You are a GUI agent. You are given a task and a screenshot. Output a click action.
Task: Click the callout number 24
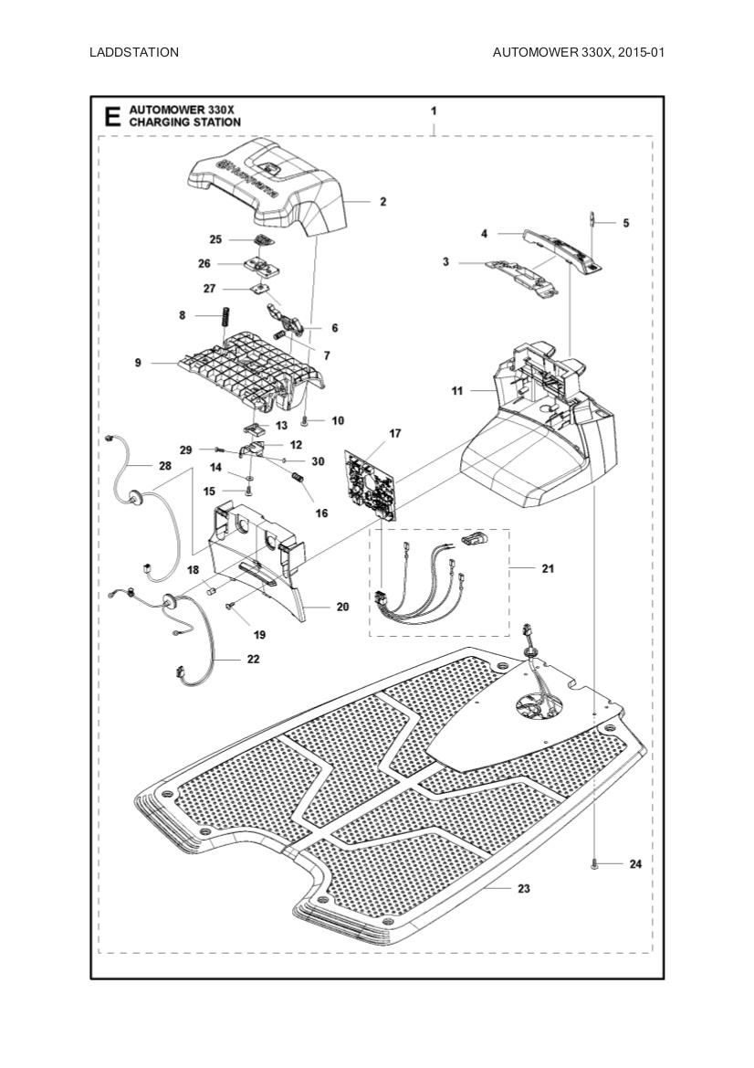click(635, 863)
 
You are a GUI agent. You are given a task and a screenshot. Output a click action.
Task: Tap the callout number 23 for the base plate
click(523, 888)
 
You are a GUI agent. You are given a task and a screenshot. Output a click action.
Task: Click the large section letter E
click(112, 116)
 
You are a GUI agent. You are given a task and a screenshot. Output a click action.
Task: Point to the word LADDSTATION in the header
click(134, 52)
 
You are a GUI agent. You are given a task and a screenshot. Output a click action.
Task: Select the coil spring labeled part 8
click(221, 323)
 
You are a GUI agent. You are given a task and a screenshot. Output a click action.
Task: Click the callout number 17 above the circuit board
click(395, 433)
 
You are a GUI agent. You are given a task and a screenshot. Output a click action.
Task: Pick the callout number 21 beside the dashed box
click(548, 568)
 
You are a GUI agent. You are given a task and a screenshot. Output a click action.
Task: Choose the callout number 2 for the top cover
click(383, 201)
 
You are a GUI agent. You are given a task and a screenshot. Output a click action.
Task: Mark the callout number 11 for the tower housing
click(457, 391)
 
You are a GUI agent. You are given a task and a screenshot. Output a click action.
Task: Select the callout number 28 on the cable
click(164, 466)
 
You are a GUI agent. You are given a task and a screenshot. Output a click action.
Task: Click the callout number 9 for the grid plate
click(138, 363)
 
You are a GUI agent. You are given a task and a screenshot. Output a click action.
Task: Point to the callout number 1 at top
click(434, 110)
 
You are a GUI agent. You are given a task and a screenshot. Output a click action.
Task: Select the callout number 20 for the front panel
click(343, 606)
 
